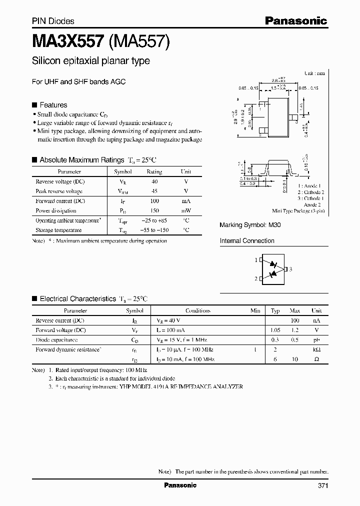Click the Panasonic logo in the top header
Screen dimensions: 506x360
click(295, 20)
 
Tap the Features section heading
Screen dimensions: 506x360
click(53, 105)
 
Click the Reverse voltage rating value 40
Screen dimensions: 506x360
click(154, 181)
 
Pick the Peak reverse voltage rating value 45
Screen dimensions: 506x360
click(154, 191)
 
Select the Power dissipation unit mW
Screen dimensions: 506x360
click(185, 210)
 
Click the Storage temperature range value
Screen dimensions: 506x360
click(154, 230)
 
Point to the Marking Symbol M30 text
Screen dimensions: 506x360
click(250, 225)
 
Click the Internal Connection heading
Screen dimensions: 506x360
click(247, 241)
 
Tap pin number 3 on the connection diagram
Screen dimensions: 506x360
click(290, 269)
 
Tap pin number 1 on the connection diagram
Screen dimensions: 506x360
click(256, 260)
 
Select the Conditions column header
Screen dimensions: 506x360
click(198, 310)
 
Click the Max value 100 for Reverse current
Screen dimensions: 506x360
click(294, 320)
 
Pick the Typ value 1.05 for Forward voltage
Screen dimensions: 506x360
click(275, 330)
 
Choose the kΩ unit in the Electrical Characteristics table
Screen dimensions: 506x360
click(316, 349)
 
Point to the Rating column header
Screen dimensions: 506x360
click(154, 171)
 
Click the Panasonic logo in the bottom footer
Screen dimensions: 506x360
click(180, 485)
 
